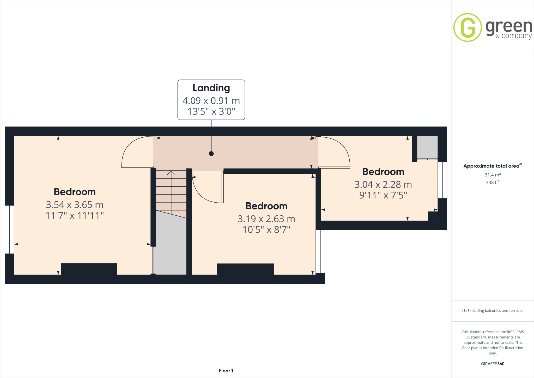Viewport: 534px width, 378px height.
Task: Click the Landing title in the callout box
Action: [211, 88]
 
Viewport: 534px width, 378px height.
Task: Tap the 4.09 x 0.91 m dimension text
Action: [211, 101]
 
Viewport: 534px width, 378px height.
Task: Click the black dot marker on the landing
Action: [211, 154]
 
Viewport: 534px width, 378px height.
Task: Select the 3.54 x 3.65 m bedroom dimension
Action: [75, 205]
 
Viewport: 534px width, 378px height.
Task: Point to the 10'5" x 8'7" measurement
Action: [266, 230]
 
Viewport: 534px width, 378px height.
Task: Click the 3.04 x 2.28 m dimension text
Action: [383, 185]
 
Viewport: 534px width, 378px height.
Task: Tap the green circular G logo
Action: [468, 27]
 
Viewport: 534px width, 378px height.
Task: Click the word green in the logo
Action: [509, 27]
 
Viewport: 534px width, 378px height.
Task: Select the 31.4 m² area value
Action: [492, 175]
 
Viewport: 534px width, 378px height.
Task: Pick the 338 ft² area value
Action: [492, 182]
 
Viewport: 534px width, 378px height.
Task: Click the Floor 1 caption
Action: [226, 371]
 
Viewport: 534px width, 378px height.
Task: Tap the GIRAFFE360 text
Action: [493, 364]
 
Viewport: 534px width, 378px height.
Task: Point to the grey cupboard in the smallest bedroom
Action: [427, 147]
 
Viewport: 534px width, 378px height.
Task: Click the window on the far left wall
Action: [9, 229]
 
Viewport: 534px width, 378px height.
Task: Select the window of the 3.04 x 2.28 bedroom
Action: [442, 180]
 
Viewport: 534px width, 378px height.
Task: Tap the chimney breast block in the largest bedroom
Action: [89, 269]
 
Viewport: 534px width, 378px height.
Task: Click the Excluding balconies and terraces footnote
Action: [493, 311]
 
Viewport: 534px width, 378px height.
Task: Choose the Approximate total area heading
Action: [491, 166]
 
